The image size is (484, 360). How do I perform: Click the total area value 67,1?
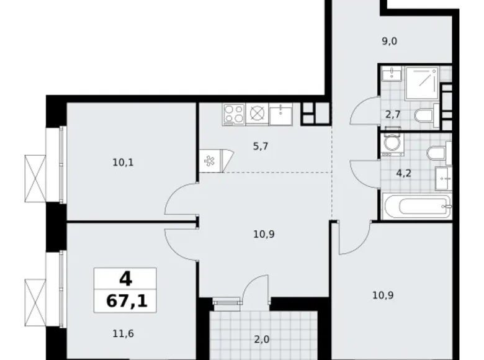pos(125,302)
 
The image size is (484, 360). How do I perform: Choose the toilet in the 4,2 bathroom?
pos(435,152)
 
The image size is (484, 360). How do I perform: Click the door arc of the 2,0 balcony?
pos(255,288)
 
